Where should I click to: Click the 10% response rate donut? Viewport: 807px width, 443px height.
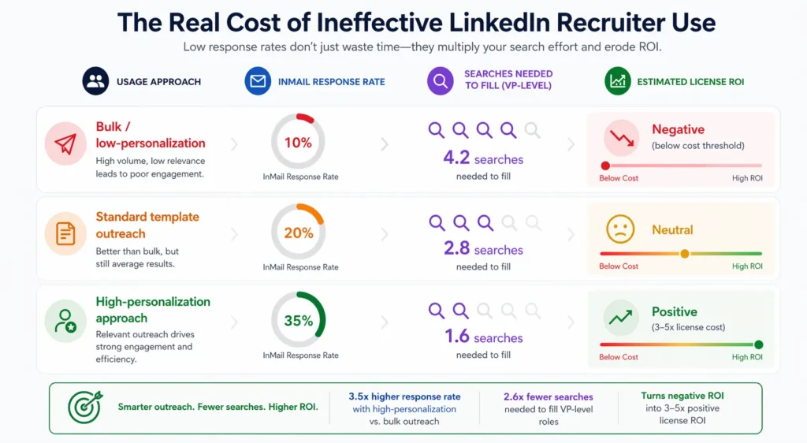point(298,142)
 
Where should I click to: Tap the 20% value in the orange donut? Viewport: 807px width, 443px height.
point(298,233)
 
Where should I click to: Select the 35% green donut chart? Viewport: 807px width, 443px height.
point(298,321)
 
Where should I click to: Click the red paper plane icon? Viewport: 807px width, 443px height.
point(65,143)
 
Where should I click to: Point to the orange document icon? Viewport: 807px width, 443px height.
point(65,233)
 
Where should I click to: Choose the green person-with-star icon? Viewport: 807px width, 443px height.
point(65,321)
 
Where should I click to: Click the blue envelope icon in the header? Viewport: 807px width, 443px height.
point(258,81)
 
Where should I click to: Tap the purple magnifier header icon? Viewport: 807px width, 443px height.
point(441,81)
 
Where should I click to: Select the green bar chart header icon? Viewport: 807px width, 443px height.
point(618,81)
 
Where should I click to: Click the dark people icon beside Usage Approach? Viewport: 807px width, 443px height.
point(96,81)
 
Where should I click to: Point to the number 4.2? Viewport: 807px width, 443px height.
point(456,158)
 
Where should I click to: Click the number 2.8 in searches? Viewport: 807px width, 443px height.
point(456,249)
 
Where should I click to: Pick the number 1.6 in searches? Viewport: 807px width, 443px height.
point(457,337)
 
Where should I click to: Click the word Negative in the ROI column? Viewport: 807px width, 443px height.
point(678,129)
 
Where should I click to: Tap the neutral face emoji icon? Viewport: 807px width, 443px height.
point(619,229)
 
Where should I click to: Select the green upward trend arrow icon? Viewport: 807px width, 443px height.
point(619,318)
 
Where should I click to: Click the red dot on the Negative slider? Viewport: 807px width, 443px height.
point(605,166)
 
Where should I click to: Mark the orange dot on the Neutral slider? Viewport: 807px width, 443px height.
point(684,254)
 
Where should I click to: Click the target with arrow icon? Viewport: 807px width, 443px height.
point(84,408)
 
